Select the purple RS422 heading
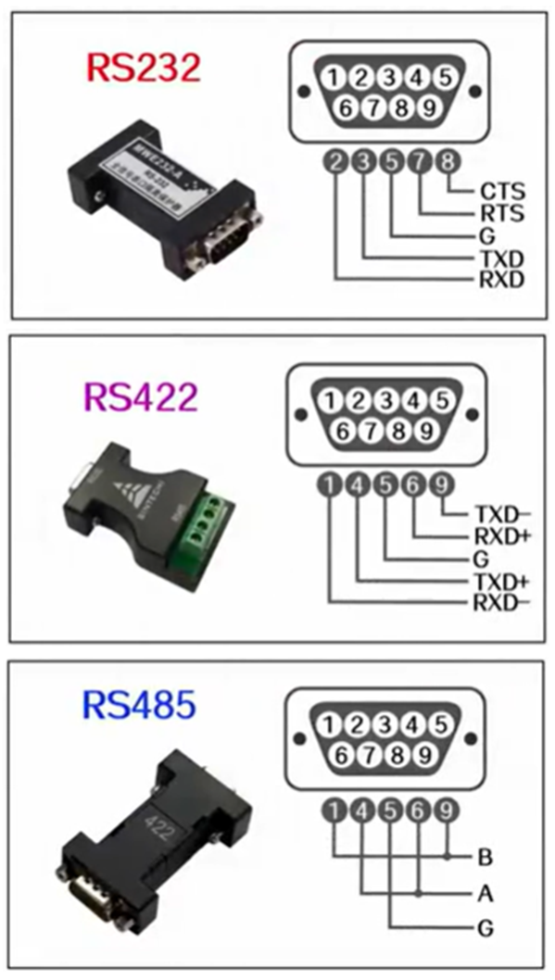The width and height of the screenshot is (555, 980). click(x=141, y=396)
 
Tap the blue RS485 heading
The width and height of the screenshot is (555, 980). click(x=139, y=706)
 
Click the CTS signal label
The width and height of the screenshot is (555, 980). click(x=502, y=193)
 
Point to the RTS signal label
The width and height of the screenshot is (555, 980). click(x=502, y=214)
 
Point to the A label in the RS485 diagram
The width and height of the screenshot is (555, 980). click(x=485, y=894)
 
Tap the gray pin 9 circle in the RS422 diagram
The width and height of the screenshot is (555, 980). click(x=446, y=484)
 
